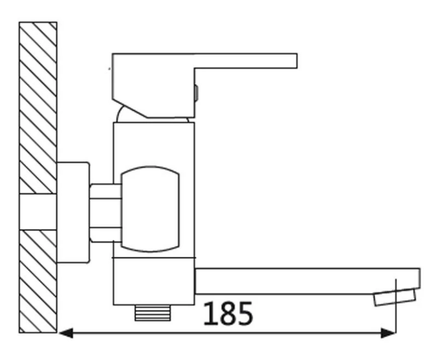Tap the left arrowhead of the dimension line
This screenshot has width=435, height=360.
pos(66,332)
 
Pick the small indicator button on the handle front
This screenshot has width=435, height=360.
pos(196,92)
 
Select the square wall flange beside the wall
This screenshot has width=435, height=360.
pos(73,213)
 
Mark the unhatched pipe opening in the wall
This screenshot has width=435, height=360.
pos(38,212)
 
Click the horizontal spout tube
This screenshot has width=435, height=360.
pos(296,281)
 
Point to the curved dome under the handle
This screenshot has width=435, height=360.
pos(128,114)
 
